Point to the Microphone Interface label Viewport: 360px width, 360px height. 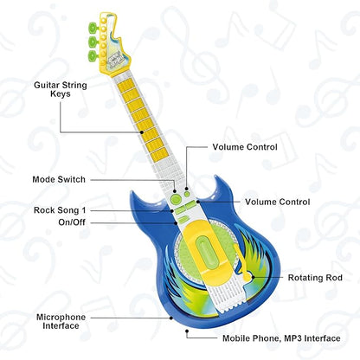[60, 322]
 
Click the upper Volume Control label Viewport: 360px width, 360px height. [245, 147]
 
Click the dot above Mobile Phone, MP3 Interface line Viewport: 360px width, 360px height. [187, 330]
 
